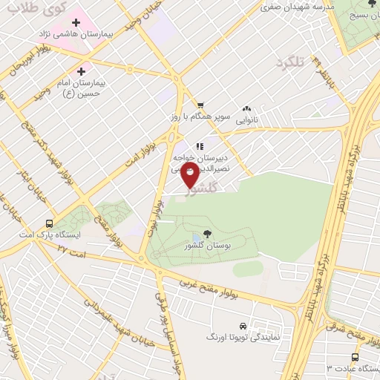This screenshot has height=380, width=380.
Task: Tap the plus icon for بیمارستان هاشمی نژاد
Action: (76, 22)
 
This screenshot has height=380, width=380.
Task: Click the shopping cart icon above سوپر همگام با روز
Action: (199, 106)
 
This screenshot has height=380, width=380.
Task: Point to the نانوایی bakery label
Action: (246, 118)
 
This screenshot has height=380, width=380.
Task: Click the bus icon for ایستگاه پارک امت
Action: (49, 223)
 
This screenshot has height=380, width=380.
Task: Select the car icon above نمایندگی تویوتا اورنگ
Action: (243, 326)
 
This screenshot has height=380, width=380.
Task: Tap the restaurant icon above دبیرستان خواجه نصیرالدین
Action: (199, 146)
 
